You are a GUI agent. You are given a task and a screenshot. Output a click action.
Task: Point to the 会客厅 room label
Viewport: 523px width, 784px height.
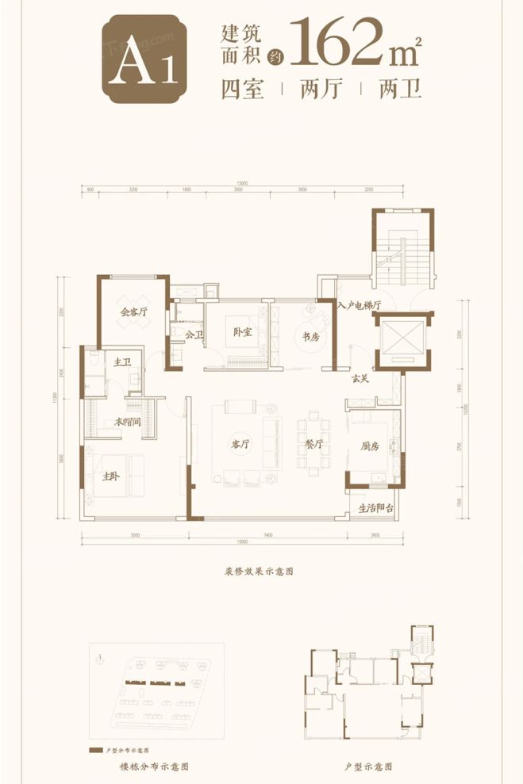point(134,312)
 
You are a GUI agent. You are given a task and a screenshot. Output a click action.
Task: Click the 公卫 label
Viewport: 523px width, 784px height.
point(194,335)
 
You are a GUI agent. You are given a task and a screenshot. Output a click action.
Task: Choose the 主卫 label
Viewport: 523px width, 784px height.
point(121,362)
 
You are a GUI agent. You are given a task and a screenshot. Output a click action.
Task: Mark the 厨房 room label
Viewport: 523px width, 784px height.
point(369,446)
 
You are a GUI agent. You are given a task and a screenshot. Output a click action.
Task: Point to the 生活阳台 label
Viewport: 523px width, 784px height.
point(375,508)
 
